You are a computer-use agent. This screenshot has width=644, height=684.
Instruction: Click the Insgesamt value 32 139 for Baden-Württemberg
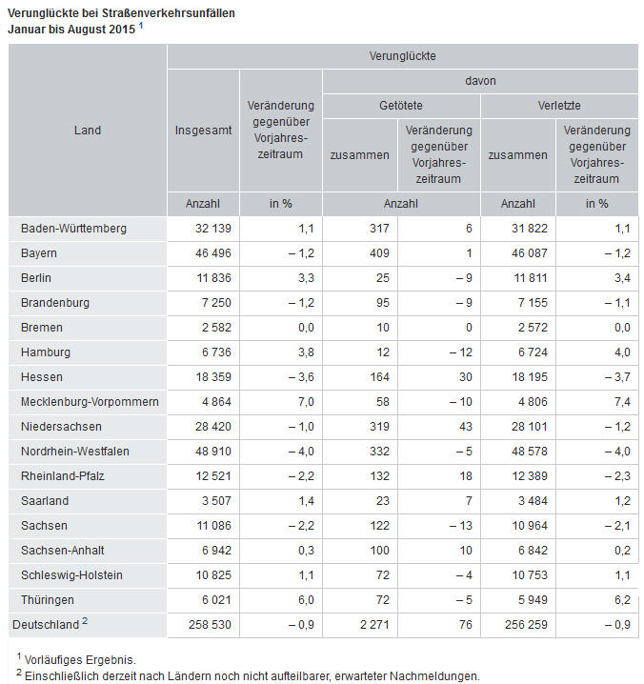pos(213,228)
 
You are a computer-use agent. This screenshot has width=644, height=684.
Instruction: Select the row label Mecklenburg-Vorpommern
pos(90,402)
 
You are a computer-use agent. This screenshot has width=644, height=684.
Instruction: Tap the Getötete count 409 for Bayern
pos(379,253)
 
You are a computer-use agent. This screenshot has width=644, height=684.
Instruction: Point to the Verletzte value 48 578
pos(530,451)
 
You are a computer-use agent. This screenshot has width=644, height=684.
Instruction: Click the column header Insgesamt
pos(203,130)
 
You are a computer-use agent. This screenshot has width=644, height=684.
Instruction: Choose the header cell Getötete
pos(401,105)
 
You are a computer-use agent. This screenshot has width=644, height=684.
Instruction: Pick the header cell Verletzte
pos(559,105)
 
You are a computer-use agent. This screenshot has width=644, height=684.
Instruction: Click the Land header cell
pos(88,130)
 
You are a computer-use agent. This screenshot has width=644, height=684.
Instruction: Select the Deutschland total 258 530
pos(210,624)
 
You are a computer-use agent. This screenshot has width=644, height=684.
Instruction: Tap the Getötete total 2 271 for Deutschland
pos(374,624)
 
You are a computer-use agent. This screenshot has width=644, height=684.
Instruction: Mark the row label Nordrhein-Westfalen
pos(75,451)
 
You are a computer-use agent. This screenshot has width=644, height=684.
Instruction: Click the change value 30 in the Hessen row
pos(466,377)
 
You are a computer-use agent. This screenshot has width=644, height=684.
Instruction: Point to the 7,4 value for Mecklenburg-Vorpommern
pos(622,402)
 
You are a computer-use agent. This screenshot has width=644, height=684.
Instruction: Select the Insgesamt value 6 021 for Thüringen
pos(216,600)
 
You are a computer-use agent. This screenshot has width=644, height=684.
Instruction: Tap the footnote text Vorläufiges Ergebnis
pos(80,659)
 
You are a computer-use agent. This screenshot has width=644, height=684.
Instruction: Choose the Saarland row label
pos(45,501)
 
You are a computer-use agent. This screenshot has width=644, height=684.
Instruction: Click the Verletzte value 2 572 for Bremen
pos(533,327)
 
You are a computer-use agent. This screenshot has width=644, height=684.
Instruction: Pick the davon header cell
pos(480,81)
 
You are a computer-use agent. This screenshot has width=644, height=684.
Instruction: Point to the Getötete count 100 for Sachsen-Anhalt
pos(379,550)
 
